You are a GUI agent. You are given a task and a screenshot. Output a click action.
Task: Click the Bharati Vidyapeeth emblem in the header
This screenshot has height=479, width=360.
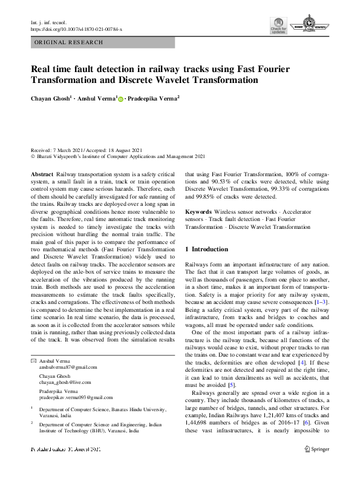[315, 25]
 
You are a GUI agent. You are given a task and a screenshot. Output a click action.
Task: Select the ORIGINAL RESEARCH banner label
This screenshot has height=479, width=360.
[68, 43]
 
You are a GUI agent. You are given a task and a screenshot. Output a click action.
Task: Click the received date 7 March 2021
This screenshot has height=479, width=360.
[70, 150]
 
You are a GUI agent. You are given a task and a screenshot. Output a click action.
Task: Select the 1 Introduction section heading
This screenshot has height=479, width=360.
[206, 249]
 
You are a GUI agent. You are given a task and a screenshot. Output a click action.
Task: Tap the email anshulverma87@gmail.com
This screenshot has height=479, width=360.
[68, 367]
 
